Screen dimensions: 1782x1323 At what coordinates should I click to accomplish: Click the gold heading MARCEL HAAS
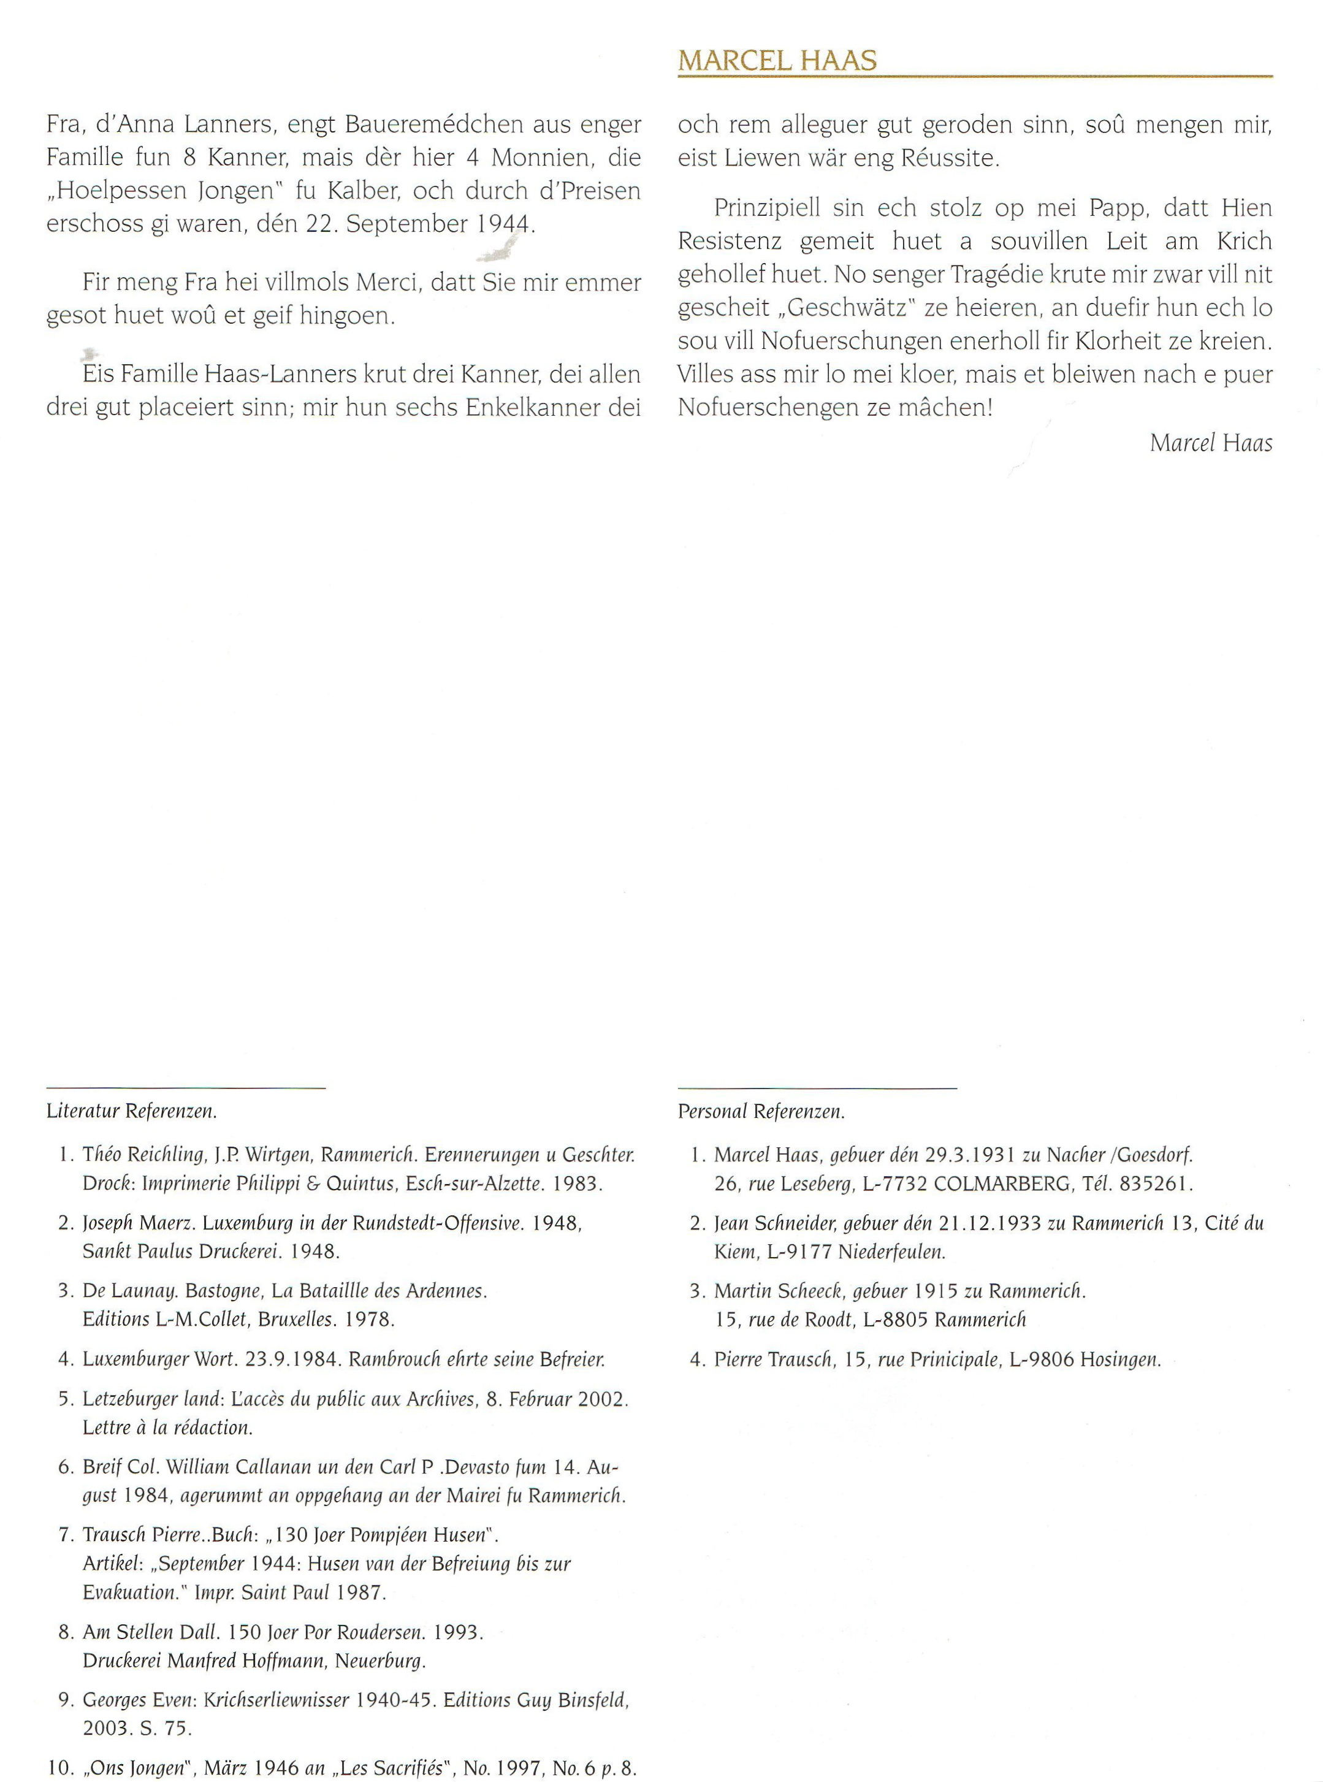(x=777, y=61)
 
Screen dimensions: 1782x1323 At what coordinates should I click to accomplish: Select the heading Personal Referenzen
(x=761, y=1112)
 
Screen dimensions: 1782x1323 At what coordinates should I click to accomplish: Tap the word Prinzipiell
(x=766, y=208)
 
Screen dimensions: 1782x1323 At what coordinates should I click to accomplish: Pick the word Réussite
(x=949, y=158)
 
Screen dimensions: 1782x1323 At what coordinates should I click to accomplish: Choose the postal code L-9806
(x=1041, y=1359)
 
